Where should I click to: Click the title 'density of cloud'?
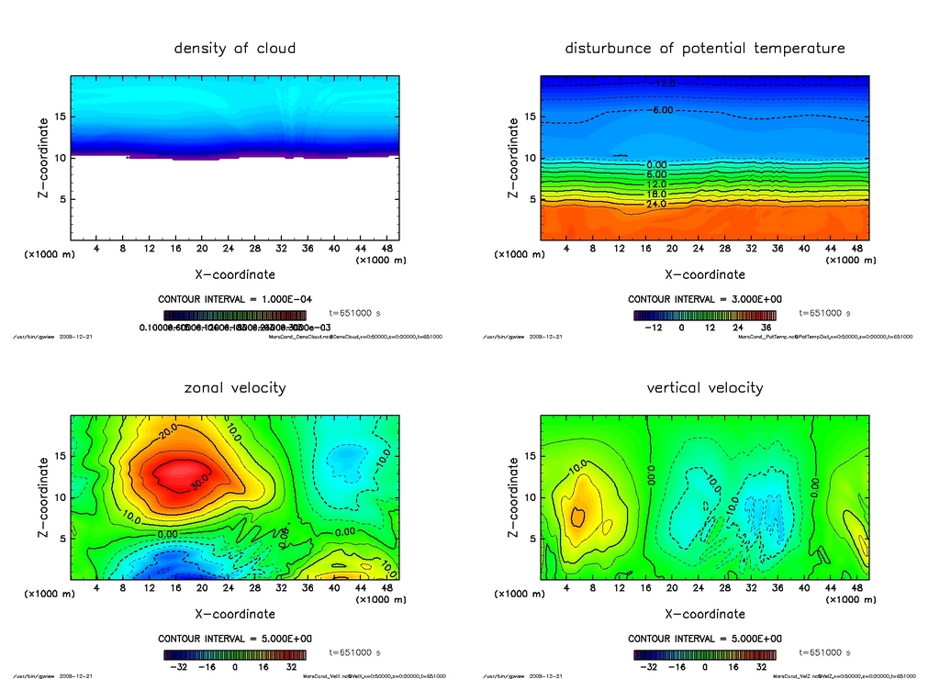click(x=235, y=48)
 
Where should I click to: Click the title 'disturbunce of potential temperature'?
click(x=705, y=48)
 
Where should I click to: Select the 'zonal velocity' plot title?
click(x=235, y=387)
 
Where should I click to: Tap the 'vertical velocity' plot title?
click(x=705, y=387)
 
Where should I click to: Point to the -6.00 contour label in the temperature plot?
click(x=663, y=110)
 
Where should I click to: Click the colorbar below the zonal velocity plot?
click(x=235, y=655)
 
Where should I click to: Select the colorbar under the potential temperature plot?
click(x=705, y=316)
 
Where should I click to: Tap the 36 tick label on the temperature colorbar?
click(x=762, y=327)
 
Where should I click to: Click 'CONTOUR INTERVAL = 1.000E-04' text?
click(x=235, y=299)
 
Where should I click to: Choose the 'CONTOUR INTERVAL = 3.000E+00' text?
click(x=705, y=299)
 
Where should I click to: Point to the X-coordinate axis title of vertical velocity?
click(x=705, y=613)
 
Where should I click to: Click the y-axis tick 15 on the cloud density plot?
click(x=61, y=117)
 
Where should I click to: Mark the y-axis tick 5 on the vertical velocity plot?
click(x=532, y=539)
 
